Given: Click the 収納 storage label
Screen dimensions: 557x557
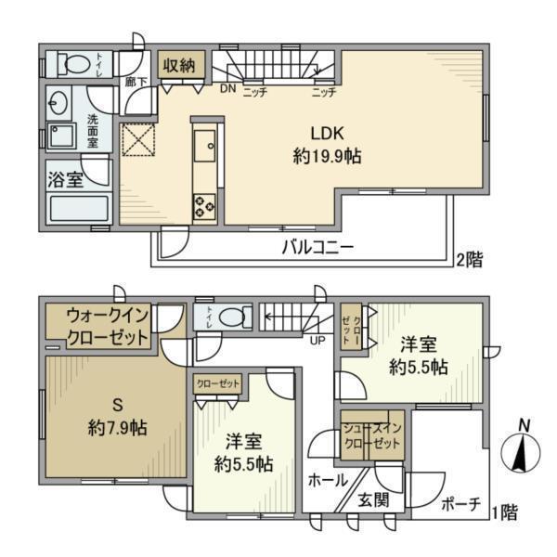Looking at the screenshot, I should click(178, 66).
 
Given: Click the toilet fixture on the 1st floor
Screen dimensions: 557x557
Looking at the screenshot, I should click(231, 317).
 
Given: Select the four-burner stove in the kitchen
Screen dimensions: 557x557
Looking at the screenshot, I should click(204, 206).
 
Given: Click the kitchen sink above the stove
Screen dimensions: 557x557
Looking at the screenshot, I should click(204, 144).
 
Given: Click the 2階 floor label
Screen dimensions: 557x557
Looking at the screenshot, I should click(469, 259).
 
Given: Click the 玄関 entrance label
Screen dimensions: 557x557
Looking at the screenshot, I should click(369, 500).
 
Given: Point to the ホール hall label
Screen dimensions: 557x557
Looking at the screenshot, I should click(328, 480).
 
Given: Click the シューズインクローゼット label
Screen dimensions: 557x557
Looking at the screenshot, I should click(371, 435).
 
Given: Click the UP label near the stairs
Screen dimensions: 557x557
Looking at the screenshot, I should click(317, 339).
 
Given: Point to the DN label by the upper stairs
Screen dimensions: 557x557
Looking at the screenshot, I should click(227, 91).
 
